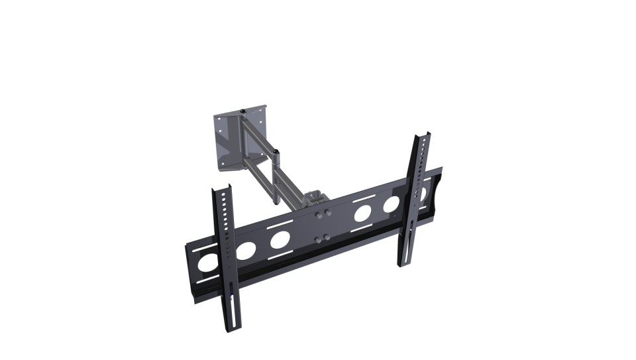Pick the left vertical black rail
click(x=226, y=259)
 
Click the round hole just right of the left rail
click(x=246, y=250)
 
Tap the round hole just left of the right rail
click(x=391, y=204)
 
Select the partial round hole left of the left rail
click(x=207, y=263)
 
